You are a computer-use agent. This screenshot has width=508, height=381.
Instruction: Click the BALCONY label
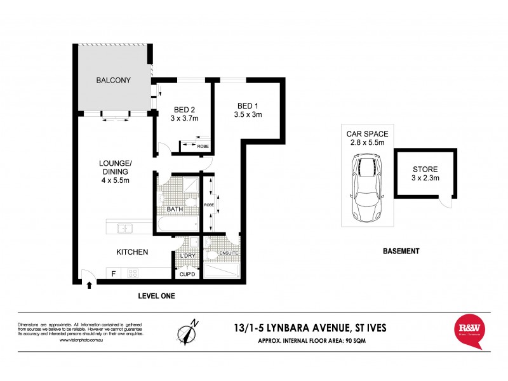(x=113, y=81)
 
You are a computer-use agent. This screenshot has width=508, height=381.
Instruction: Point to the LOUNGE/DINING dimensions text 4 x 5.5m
(x=114, y=181)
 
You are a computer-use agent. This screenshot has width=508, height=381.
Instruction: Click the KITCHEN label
(x=132, y=252)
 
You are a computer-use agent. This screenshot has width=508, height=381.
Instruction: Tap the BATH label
(x=175, y=209)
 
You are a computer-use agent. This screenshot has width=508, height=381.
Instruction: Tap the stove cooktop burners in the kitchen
(x=133, y=274)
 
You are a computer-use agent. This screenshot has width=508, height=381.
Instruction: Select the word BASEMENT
(x=401, y=251)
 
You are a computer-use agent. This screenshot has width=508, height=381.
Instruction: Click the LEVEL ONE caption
(x=156, y=296)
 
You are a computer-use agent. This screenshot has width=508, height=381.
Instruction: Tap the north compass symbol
(x=187, y=331)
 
